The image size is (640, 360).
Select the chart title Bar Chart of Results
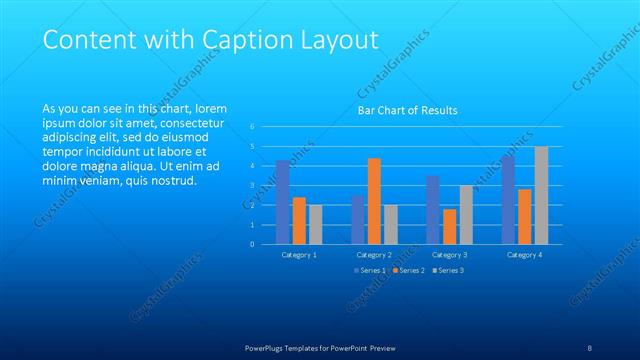click(x=408, y=110)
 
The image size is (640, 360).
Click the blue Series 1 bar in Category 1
click(x=283, y=202)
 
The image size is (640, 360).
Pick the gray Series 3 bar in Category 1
click(x=315, y=224)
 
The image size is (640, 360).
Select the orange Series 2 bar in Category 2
click(x=374, y=201)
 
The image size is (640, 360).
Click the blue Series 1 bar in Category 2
click(x=358, y=219)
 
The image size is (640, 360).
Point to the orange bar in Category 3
click(x=450, y=226)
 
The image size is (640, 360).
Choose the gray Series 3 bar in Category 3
click(x=466, y=214)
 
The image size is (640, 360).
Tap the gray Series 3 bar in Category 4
click(x=541, y=195)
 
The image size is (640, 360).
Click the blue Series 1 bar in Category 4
click(x=508, y=200)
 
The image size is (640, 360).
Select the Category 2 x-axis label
click(x=374, y=255)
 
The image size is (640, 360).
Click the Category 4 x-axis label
click(x=524, y=255)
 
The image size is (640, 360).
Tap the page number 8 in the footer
click(x=590, y=348)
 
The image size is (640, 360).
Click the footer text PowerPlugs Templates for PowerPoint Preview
click(x=320, y=348)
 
